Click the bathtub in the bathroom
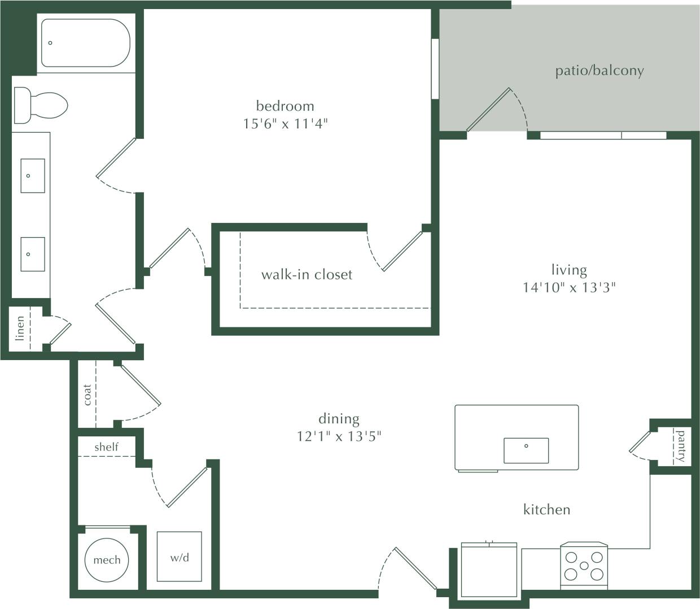tap(85, 43)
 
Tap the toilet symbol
tap(41, 105)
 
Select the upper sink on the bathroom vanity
tap(33, 176)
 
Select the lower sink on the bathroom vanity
tap(33, 254)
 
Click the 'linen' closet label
tap(20, 328)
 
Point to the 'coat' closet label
tap(87, 395)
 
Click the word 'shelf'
tap(106, 447)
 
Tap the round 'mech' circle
tap(107, 560)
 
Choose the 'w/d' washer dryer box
tap(179, 557)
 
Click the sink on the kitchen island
tap(526, 450)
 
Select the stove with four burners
tap(584, 566)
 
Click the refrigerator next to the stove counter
tap(489, 570)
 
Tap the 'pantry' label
tap(681, 446)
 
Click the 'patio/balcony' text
tap(599, 71)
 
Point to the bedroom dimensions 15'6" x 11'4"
tap(285, 124)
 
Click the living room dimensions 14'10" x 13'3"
tap(568, 287)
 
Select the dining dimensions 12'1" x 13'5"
tap(339, 436)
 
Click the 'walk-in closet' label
tap(307, 275)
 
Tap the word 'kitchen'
tap(546, 510)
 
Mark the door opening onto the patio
tap(489, 109)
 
